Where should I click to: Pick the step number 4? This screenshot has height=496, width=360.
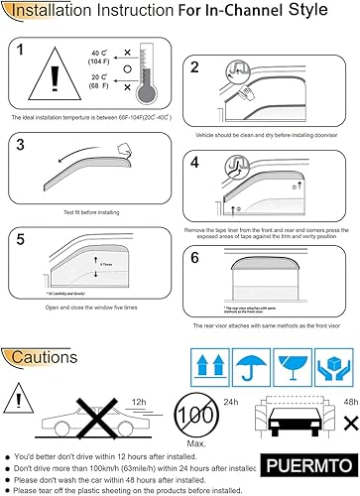pyautogui.click(x=195, y=161)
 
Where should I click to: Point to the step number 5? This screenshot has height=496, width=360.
pyautogui.click(x=22, y=238)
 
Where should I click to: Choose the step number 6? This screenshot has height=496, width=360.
pyautogui.click(x=196, y=255)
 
